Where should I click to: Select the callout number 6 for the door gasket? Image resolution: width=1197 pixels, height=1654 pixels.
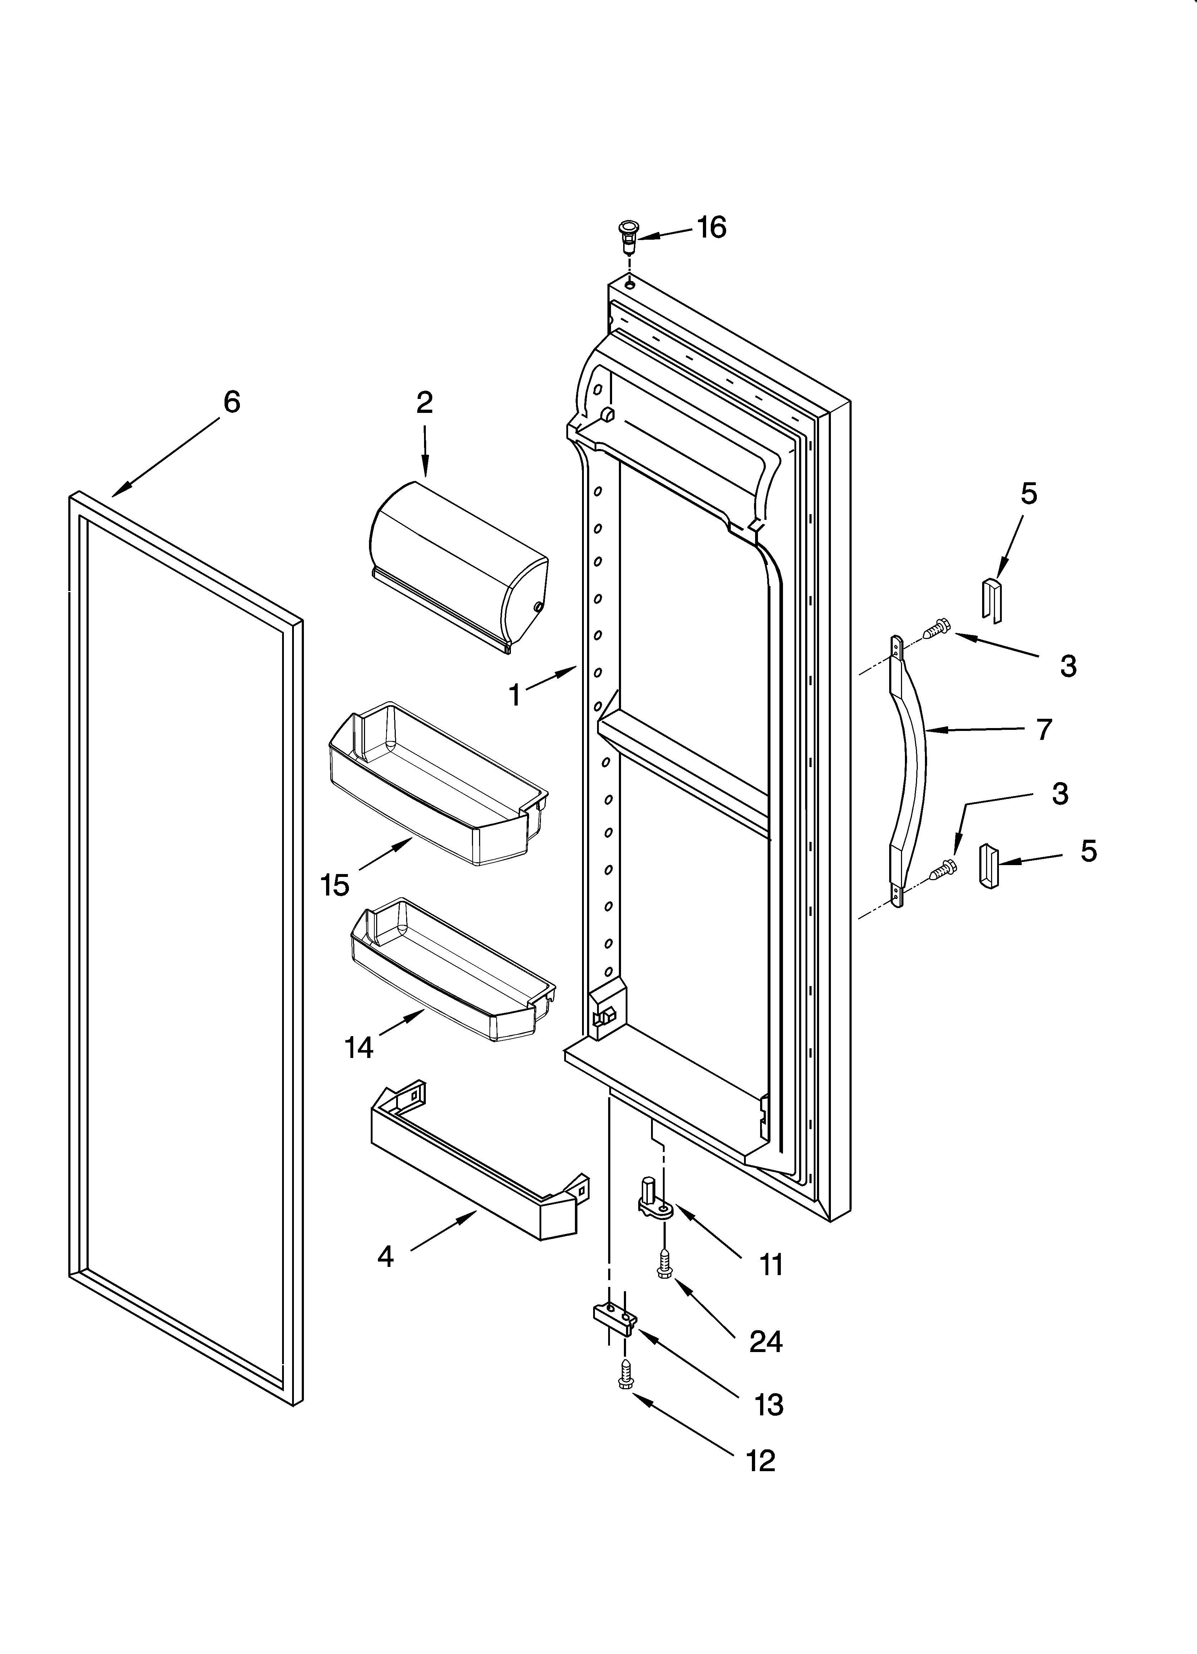point(231,402)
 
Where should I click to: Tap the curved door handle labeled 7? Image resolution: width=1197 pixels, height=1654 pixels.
point(911,773)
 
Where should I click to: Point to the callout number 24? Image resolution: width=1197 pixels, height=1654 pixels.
point(765,1341)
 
